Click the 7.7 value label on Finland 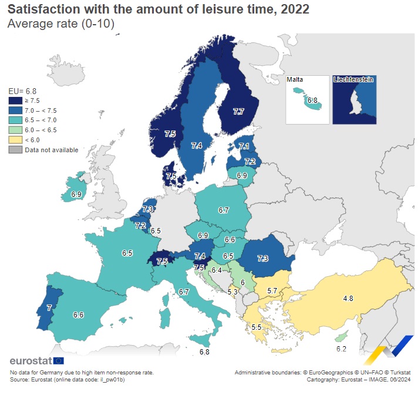[x=238, y=112]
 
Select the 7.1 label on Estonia [x=244, y=147]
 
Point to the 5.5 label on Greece [x=256, y=327]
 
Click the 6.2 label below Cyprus [x=341, y=349]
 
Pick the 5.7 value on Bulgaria [x=272, y=291]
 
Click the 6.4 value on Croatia [x=217, y=270]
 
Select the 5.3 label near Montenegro [x=232, y=292]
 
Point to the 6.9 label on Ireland [x=76, y=194]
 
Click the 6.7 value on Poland [x=223, y=210]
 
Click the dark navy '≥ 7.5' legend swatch [x=15, y=101]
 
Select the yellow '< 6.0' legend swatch [x=15, y=139]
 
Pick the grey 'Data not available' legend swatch [x=15, y=149]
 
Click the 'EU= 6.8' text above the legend [x=22, y=91]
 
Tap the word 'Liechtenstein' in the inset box [x=353, y=79]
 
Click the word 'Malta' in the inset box [x=295, y=79]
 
